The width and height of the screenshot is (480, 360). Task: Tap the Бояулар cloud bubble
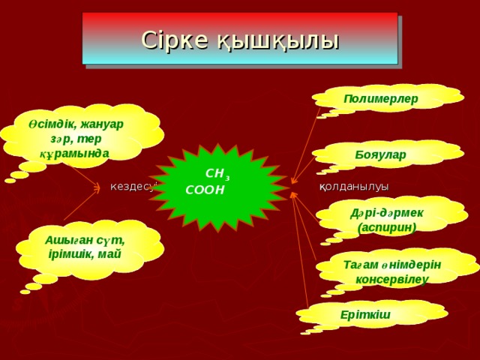coord(381,154)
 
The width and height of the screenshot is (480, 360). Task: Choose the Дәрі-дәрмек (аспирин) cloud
coord(387,219)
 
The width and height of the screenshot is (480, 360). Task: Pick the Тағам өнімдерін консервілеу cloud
coord(392,271)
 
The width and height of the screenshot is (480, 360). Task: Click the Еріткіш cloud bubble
coord(365,313)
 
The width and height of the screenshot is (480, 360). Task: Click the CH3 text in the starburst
coord(217,173)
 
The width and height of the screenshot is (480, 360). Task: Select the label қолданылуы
coord(354,186)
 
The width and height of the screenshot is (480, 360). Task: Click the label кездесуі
coord(133,186)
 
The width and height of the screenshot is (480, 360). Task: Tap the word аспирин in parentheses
coord(387,226)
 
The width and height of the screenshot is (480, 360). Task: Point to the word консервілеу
coord(392,279)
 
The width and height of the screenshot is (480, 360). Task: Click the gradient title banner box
coord(240,39)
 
